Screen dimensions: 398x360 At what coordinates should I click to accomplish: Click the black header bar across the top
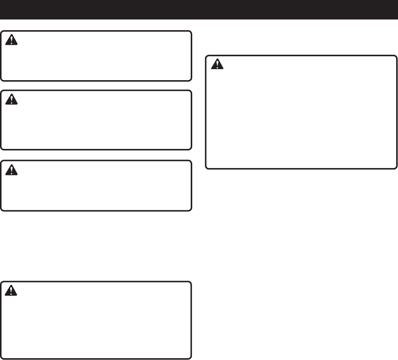199,10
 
